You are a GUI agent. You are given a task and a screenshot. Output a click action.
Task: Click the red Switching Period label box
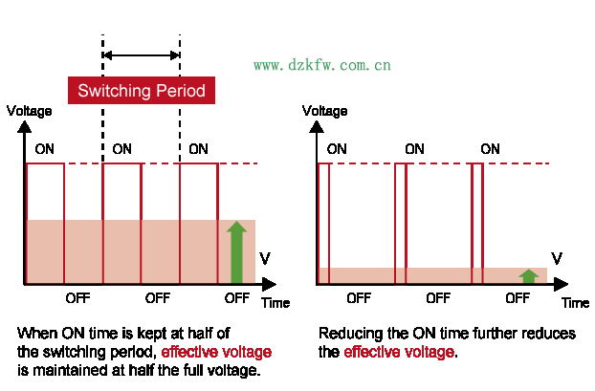pos(142,91)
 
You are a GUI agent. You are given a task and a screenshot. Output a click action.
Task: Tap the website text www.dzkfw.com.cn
pos(321,66)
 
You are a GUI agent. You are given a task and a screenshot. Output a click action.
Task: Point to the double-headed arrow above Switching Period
pos(141,54)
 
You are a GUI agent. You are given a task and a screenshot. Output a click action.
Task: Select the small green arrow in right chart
pos(528,276)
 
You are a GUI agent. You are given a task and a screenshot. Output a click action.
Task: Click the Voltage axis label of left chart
pos(29,111)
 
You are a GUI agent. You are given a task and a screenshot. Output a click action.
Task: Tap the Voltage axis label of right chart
pos(325,111)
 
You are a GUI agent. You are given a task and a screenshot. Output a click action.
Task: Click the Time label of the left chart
pos(275,302)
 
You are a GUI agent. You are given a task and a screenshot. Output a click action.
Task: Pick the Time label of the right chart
pos(575,302)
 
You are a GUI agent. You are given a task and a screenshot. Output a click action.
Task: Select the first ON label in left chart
pos(45,149)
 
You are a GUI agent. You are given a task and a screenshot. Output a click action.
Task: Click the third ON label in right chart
pos(490,149)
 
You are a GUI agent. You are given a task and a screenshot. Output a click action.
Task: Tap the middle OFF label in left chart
pos(157,297)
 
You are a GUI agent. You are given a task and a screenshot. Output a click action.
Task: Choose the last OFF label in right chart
pos(518,297)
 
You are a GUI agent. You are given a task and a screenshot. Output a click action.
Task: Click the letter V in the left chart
pos(265,259)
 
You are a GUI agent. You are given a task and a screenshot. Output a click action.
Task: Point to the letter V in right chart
pos(557,259)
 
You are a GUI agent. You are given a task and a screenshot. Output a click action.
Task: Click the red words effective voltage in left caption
pos(216,351)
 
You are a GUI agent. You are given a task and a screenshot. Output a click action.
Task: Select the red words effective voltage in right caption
pos(399,352)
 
